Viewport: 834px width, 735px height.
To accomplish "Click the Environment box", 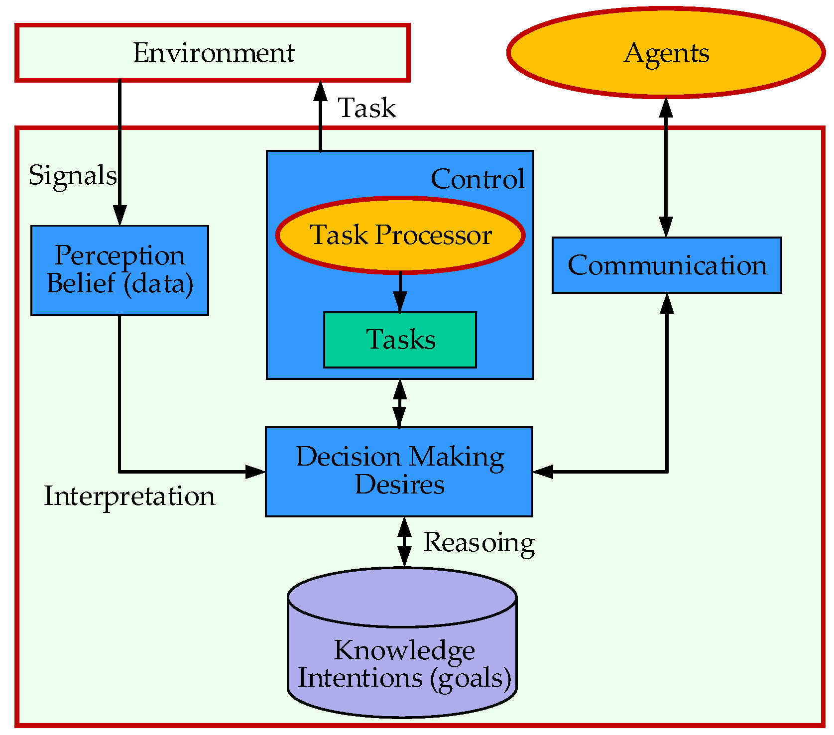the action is (x=213, y=52).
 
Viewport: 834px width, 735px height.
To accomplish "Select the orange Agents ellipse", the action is (x=666, y=52).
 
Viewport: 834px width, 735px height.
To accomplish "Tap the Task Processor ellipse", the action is (x=400, y=235).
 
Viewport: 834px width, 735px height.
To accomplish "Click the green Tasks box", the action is (x=400, y=340).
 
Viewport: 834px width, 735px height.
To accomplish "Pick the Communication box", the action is (x=666, y=265).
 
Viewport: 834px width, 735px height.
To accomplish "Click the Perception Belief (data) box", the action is (x=119, y=270).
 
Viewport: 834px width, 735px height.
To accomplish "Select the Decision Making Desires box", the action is (x=399, y=471).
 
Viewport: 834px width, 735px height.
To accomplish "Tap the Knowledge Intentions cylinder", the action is (x=402, y=657).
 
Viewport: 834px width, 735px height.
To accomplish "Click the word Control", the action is (x=477, y=179).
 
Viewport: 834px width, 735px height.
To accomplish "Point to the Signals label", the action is (x=73, y=175).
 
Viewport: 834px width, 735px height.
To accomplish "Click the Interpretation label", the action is (x=129, y=496).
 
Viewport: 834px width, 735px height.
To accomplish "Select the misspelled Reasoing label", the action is (x=478, y=542).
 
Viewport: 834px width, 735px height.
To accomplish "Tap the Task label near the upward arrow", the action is (x=367, y=108).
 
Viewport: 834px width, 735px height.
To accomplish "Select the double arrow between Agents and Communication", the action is (x=666, y=167).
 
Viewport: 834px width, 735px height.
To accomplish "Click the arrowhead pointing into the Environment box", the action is (x=320, y=91).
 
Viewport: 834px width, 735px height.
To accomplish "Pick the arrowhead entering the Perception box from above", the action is (x=119, y=216).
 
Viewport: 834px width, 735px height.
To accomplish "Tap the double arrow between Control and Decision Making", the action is (x=399, y=403).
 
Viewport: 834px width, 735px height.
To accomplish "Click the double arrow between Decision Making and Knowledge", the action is (x=404, y=542).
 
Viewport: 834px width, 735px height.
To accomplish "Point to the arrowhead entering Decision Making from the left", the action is (x=255, y=471).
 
